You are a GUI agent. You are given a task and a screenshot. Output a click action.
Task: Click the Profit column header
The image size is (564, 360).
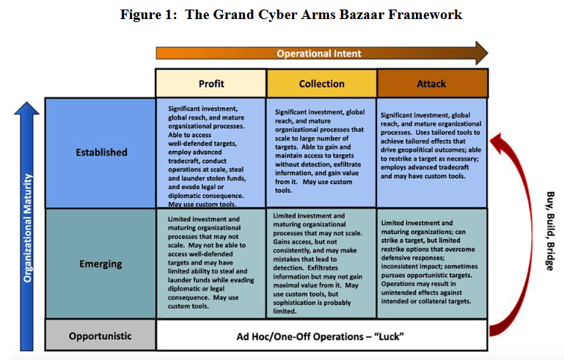point(211,84)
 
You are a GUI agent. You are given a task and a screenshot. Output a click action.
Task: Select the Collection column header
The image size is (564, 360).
point(321,84)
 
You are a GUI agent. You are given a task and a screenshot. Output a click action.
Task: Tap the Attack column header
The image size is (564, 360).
point(432,84)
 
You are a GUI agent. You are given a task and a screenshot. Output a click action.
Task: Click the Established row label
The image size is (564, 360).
point(101,153)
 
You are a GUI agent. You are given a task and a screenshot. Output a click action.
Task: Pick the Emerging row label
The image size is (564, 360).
point(100,264)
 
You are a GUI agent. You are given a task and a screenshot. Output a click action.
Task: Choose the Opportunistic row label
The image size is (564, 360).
point(100,336)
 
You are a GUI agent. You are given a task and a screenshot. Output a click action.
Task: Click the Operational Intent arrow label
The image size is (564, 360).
point(319,54)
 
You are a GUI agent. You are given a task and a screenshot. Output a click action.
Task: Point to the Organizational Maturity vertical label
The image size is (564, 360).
point(28,228)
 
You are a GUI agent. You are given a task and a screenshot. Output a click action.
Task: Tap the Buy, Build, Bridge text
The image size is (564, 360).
point(550,231)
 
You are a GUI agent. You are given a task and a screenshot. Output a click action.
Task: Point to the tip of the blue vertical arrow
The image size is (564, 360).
point(26,103)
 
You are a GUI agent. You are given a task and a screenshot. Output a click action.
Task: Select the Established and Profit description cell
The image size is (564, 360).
point(210,153)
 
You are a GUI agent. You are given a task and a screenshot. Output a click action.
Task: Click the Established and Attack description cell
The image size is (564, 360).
point(432,153)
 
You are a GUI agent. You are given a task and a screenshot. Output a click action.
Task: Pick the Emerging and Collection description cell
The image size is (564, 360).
point(321,264)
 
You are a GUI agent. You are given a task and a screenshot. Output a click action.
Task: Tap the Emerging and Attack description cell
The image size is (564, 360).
point(432,264)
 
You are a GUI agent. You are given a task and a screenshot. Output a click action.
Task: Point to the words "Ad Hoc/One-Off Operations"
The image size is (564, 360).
point(300,337)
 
